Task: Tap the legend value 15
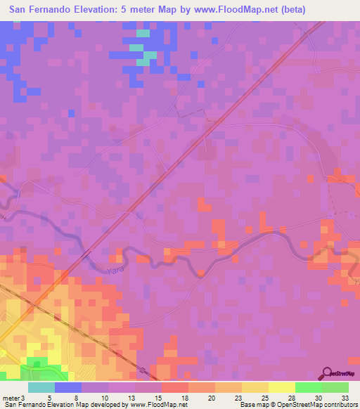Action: click(x=161, y=398)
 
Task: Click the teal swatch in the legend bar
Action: click(x=42, y=387)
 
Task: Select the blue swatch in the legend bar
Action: click(x=69, y=387)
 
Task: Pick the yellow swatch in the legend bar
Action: click(x=281, y=387)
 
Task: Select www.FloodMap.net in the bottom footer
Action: click(x=155, y=405)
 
